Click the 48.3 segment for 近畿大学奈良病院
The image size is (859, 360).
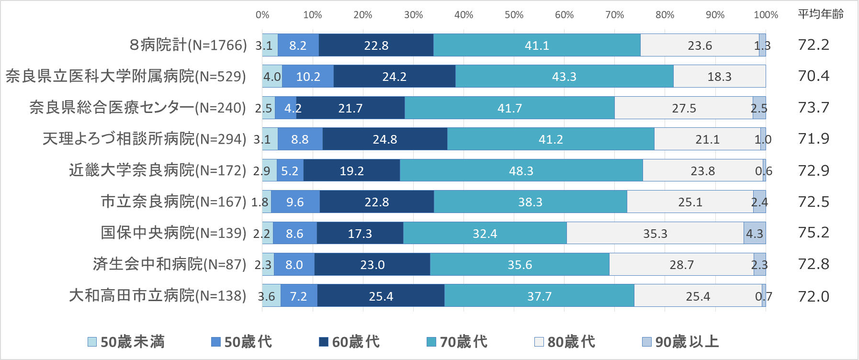[521, 171]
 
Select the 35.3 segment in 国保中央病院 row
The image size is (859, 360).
[655, 234]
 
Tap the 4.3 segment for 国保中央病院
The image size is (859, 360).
[755, 234]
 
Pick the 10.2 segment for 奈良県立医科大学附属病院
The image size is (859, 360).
[308, 77]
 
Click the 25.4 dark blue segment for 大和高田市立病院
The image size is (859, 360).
[381, 296]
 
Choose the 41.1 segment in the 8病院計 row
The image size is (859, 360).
[537, 45]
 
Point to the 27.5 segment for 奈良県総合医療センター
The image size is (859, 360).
[684, 108]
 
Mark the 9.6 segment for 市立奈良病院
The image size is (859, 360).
[295, 202]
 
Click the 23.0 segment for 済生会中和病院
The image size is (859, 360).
[372, 265]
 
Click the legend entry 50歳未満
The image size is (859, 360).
[126, 342]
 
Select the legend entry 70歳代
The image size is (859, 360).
[457, 342]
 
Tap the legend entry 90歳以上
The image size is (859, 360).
[680, 342]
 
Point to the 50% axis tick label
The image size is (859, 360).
[514, 15]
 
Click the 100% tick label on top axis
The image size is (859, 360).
[766, 15]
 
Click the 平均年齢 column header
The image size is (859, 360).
[820, 14]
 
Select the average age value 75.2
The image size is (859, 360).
[814, 233]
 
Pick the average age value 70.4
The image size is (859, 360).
[814, 76]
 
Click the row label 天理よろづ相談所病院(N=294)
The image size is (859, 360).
[144, 139]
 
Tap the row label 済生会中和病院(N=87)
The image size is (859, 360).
[170, 264]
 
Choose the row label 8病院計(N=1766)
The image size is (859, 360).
[188, 45]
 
